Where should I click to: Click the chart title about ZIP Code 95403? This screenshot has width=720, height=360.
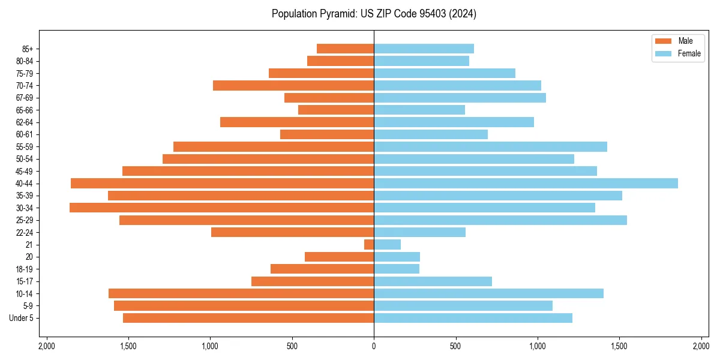pos(374,14)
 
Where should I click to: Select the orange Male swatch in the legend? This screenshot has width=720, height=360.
pos(664,41)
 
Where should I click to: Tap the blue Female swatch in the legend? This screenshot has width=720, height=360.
pos(664,53)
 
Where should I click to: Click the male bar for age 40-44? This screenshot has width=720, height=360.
pos(222,183)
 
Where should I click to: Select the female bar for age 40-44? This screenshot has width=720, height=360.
pos(526,183)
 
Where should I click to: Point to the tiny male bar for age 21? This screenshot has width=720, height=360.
pos(369,244)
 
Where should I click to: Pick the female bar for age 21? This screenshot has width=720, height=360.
pos(387,244)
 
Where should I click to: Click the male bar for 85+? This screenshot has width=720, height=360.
pos(345,49)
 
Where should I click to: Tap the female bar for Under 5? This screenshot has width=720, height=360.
pos(473,318)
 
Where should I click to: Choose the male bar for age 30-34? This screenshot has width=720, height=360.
pos(221,208)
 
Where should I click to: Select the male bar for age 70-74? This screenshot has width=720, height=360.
pos(293,85)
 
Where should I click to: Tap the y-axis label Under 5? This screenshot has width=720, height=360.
pos(22,318)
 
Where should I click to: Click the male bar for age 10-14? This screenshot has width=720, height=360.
pos(241,293)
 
